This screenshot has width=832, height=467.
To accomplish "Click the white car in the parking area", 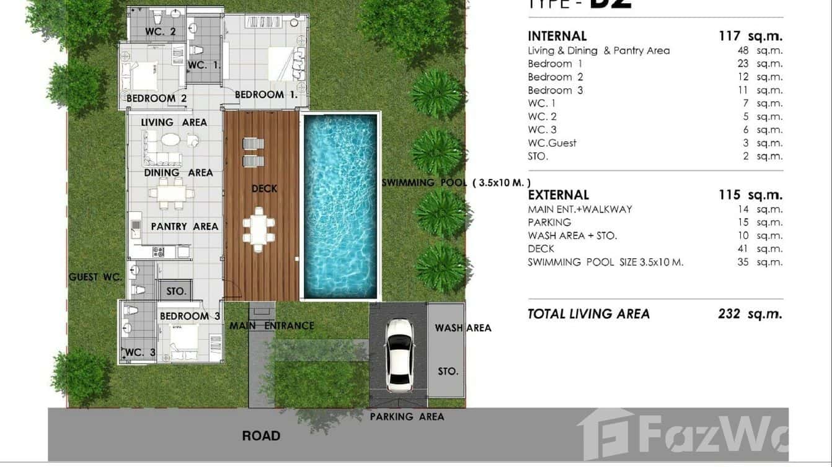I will point(398,355).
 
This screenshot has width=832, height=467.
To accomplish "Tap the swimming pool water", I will point(340,204).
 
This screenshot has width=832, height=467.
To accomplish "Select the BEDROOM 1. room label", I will point(266,95).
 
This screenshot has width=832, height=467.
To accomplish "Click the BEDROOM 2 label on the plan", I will point(156,98).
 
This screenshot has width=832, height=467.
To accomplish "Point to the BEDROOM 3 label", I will point(190,316).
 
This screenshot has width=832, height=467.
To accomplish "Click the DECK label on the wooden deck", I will point(264,188).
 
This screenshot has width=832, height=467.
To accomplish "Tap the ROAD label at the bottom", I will point(261,436).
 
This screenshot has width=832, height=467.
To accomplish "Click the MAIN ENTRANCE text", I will point(272,326).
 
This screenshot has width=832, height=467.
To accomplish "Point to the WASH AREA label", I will point(462,328).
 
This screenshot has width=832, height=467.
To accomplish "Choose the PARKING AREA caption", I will point(407,417).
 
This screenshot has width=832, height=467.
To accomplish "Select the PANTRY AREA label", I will point(185,227).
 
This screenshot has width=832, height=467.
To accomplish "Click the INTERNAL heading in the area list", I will point(557,37).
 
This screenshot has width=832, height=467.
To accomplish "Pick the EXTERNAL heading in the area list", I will point(558,195).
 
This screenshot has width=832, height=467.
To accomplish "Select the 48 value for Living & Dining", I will point(743,51).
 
